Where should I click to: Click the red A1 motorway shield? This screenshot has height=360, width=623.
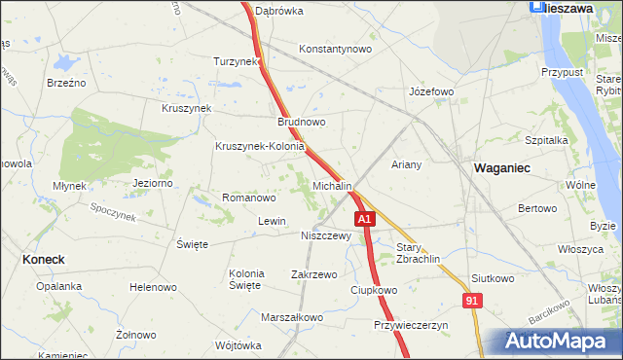tap(364, 221)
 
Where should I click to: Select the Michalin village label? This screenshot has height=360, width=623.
tap(332, 185)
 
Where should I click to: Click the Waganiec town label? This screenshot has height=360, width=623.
tap(501, 168)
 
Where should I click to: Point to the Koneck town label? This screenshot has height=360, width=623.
tap(43, 260)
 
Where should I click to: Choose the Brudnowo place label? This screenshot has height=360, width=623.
tap(301, 123)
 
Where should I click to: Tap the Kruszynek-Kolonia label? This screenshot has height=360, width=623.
tap(260, 147)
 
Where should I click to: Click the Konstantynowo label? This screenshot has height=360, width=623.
tap(336, 49)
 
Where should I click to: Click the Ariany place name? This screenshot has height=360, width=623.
tap(406, 164)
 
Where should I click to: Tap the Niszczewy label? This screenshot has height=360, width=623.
tap(325, 234)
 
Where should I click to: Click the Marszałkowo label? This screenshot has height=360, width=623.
tap(292, 317)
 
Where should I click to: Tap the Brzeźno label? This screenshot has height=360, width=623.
tap(66, 83)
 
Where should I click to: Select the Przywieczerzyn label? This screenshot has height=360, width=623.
tap(411, 325)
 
